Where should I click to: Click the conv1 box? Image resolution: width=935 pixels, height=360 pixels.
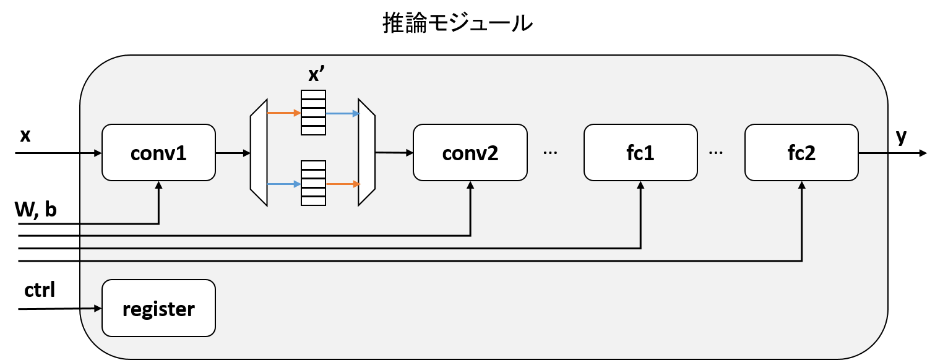pos(158,153)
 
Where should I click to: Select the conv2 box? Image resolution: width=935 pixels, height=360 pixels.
pos(470,153)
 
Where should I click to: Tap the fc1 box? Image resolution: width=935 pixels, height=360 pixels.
pos(640,153)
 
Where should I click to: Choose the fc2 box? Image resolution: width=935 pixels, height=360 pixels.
pos(801,153)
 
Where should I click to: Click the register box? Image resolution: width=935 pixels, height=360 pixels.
pos(158,308)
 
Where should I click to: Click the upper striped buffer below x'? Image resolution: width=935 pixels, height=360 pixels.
pos(313,113)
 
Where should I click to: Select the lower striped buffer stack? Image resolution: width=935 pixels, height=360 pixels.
pos(313,183)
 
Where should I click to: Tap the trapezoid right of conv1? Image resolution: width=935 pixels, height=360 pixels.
pos(259,153)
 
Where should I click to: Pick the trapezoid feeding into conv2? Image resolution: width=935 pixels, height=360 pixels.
pos(367,153)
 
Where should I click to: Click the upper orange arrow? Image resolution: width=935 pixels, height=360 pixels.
pos(284,113)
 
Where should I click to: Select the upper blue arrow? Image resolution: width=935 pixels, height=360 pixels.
pos(342,114)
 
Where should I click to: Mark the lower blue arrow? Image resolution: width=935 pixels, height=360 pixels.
pos(284,184)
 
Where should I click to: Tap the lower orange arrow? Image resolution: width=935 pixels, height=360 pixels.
pos(342,184)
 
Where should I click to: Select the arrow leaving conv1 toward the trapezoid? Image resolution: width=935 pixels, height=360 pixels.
pos(232,152)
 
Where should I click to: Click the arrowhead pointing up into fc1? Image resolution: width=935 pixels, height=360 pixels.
pos(640,185)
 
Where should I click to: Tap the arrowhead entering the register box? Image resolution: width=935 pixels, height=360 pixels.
pos(97,308)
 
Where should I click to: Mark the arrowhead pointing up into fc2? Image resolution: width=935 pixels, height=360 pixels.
pos(802,185)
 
